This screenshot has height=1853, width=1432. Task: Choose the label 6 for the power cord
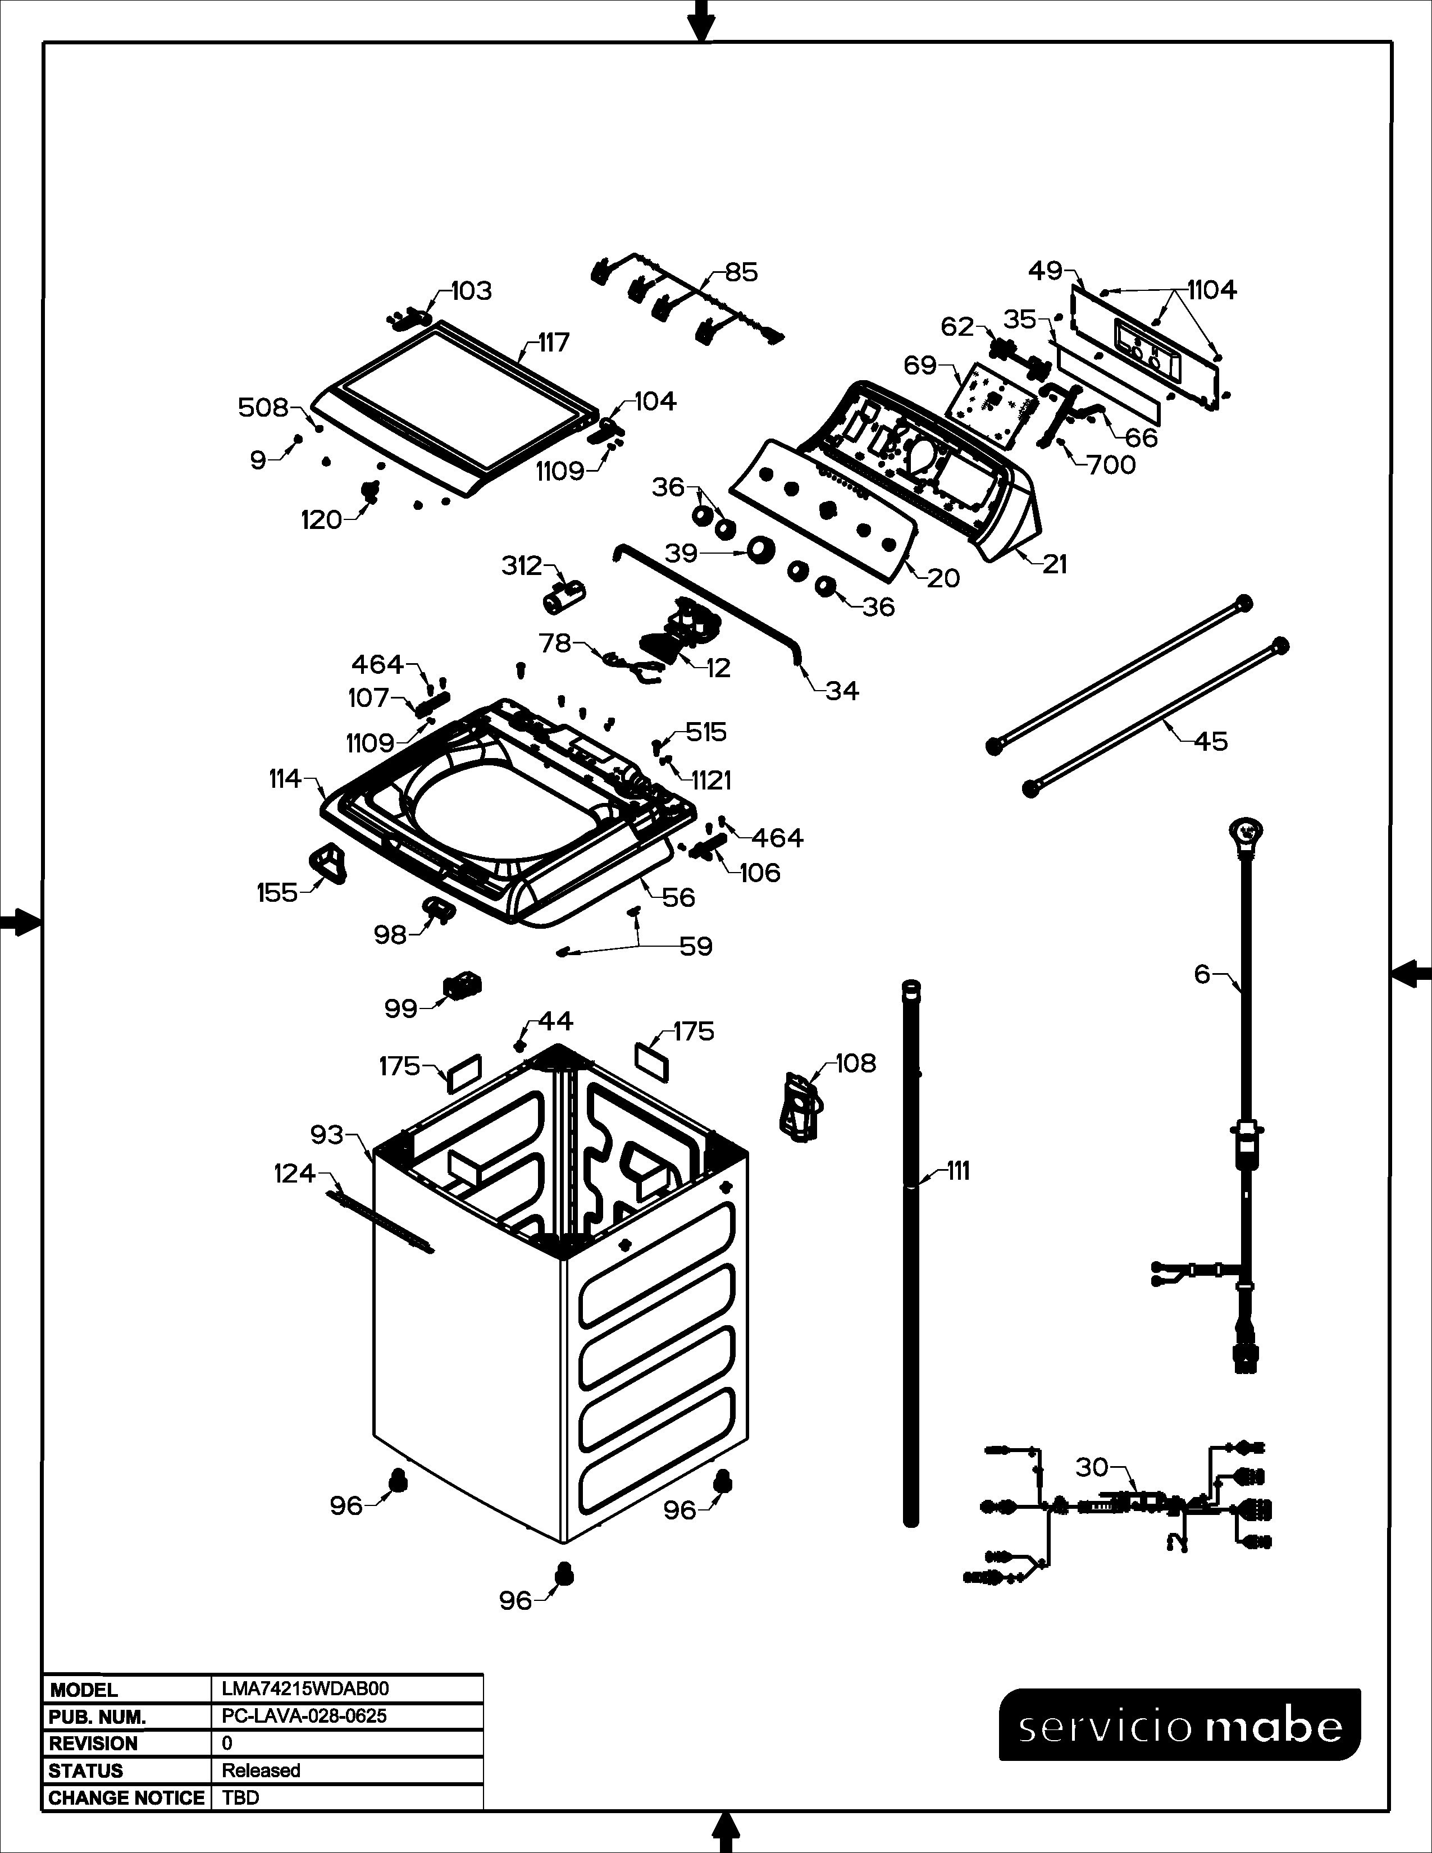(1202, 974)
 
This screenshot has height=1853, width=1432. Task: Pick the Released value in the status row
(261, 1770)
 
